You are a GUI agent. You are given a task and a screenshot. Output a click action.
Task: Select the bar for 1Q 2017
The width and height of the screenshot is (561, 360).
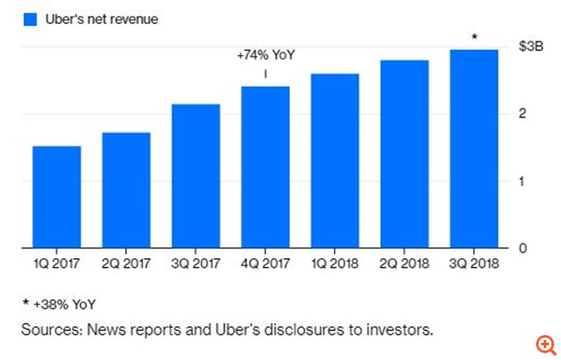coord(56,197)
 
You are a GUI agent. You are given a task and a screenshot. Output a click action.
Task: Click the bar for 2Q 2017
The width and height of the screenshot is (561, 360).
coord(126,190)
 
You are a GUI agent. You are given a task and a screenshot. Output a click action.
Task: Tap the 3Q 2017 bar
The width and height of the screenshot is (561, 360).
coord(196,176)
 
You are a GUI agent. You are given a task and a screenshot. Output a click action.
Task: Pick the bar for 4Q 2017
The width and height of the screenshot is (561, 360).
coord(265,167)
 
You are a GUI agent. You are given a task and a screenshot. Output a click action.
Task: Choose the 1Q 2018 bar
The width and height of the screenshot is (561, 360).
coord(335,161)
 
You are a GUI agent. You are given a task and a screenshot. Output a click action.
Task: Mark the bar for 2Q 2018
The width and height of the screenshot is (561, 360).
coord(405,154)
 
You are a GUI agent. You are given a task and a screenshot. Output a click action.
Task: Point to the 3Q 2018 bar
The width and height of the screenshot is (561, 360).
coord(474,148)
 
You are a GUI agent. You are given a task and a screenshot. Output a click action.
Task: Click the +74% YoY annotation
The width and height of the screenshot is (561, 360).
coord(265,54)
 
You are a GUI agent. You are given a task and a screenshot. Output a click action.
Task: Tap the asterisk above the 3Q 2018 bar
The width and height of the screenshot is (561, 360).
coord(474,37)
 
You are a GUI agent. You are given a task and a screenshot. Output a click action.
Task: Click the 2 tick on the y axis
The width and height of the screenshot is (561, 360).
coord(522,113)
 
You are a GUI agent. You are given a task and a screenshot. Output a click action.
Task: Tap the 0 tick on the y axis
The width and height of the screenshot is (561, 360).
coord(522,249)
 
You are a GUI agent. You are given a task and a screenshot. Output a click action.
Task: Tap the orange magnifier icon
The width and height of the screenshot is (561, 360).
coord(545,344)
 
